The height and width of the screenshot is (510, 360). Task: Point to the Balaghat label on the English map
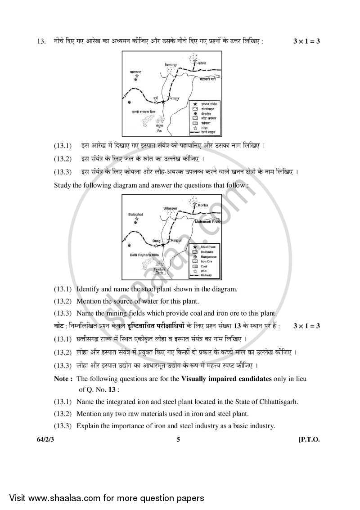[x=135, y=215]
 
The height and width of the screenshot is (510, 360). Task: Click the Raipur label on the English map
[x=176, y=241]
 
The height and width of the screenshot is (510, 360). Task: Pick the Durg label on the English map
[x=156, y=241]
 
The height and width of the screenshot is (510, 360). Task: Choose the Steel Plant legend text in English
[x=207, y=247]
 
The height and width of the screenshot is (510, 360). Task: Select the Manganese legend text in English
[x=208, y=257]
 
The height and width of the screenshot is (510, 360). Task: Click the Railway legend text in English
[x=206, y=275]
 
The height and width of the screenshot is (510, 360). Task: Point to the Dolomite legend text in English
[x=207, y=252]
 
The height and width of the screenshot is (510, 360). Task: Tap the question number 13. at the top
[x=41, y=41]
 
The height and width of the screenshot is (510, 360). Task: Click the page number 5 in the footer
[x=178, y=440]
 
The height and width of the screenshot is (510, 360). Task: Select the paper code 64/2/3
[x=47, y=440]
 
